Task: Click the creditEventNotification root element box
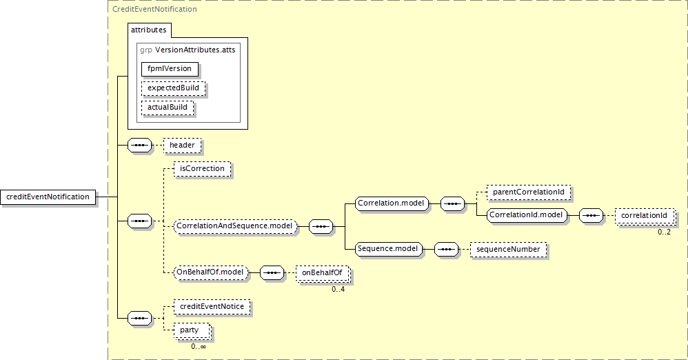click(48, 197)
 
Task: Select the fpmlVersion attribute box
click(170, 69)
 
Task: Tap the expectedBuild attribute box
click(173, 89)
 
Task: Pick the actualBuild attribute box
click(167, 108)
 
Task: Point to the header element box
click(182, 146)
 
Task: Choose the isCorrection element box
click(201, 168)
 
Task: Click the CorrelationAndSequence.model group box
click(235, 226)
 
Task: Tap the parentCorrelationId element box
click(529, 192)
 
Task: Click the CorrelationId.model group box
click(526, 215)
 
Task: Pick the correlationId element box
click(644, 216)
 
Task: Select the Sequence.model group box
click(387, 248)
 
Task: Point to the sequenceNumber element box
click(508, 249)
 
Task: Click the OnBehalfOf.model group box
click(211, 272)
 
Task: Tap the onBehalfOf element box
click(322, 273)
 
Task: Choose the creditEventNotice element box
click(212, 306)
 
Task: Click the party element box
click(190, 330)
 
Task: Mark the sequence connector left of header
click(140, 146)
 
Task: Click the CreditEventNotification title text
click(154, 10)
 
